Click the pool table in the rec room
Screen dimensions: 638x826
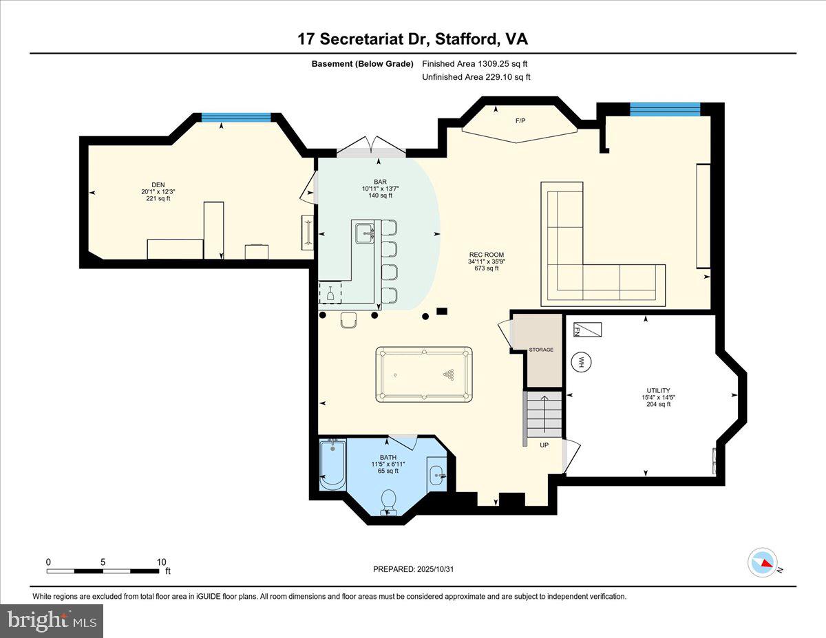tap(424, 375)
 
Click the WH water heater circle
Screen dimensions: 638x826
tap(580, 361)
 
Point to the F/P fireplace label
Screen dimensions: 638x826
tap(520, 121)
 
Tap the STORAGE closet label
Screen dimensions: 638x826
tap(541, 350)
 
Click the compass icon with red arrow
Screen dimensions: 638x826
tap(762, 562)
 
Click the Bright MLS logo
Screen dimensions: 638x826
tap(52, 621)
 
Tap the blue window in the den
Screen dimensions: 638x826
tap(235, 117)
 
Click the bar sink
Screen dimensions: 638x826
tap(363, 234)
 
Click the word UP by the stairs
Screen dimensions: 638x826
tap(544, 445)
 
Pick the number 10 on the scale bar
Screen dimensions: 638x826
tap(161, 562)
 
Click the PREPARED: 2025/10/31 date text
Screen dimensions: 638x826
tap(414, 569)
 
